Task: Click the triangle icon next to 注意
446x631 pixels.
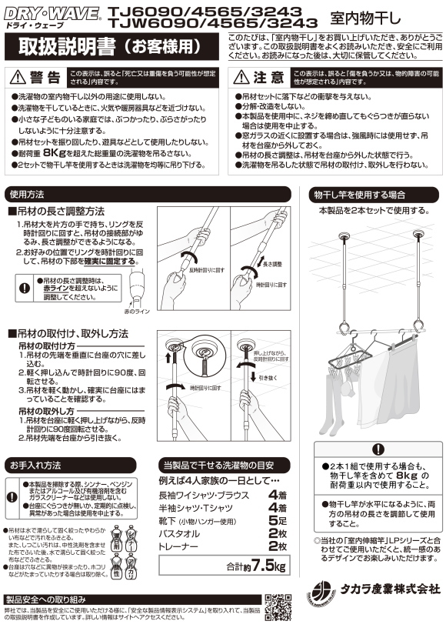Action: (x=242, y=78)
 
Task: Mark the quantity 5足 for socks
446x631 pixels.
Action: (x=278, y=520)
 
